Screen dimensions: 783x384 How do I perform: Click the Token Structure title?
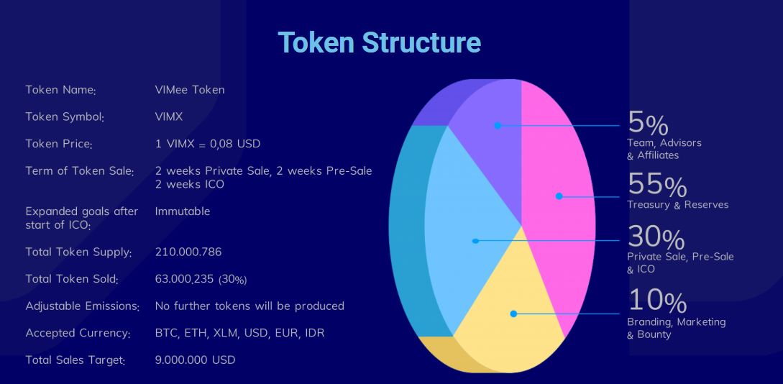point(379,42)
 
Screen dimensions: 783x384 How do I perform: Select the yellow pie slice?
point(509,305)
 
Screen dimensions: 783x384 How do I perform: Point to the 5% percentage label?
point(648,123)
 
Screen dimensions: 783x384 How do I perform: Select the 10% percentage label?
point(657,301)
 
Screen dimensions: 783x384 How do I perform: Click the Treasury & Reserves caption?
point(677,205)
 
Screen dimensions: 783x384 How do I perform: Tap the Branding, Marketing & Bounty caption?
point(676,328)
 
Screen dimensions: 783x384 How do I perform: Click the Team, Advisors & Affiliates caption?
point(664,149)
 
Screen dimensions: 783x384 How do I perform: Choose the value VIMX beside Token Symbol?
point(169,116)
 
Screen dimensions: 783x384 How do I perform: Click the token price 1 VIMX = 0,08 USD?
point(208,144)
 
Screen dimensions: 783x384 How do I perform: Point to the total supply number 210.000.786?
point(188,252)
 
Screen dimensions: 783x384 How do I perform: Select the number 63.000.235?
point(186,278)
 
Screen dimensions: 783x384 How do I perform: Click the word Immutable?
point(182,211)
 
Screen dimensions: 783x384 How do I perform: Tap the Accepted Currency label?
point(78,333)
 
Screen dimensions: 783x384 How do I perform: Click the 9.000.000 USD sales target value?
point(196,360)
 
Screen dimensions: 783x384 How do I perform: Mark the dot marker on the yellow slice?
point(513,314)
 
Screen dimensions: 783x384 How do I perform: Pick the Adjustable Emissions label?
point(83,306)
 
